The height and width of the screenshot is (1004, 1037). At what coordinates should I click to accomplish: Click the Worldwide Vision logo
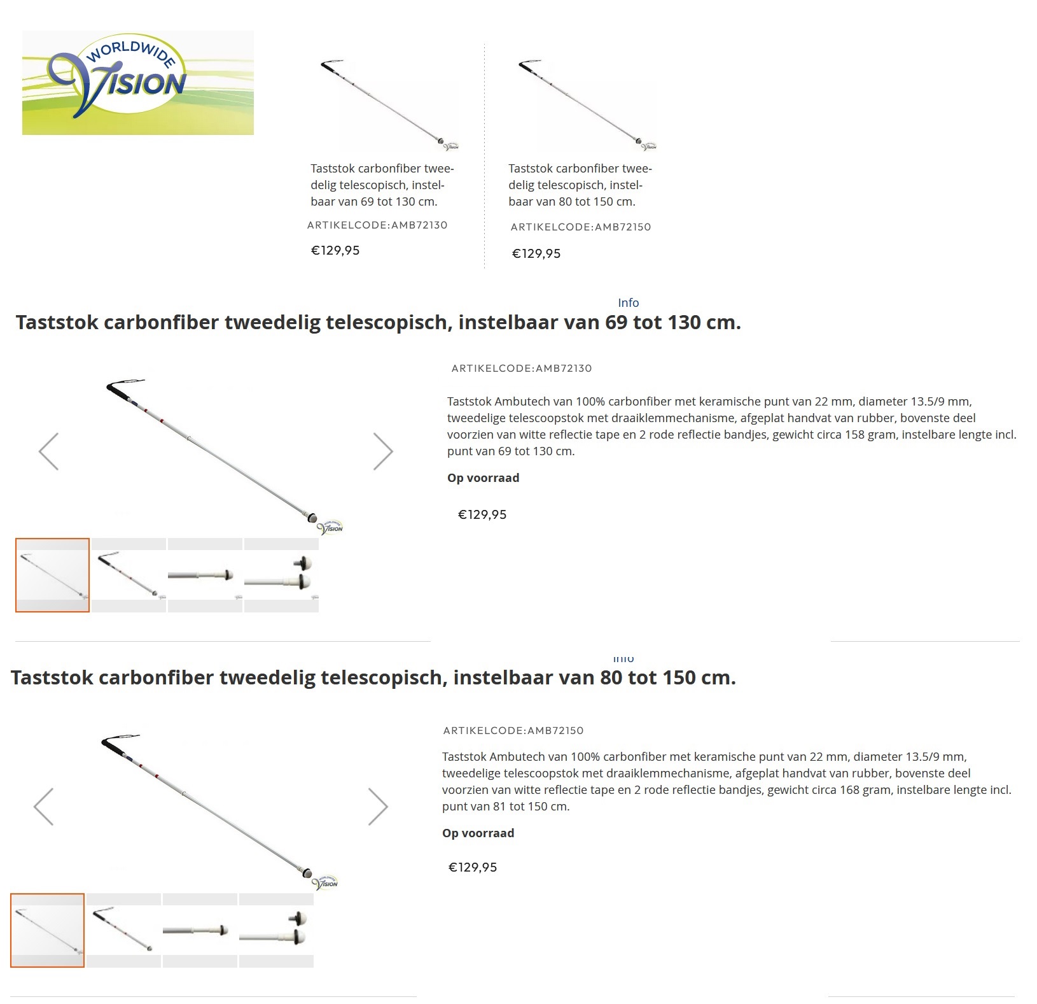pyautogui.click(x=137, y=83)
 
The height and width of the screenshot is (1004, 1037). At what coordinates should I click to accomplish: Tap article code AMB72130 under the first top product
pyautogui.click(x=377, y=225)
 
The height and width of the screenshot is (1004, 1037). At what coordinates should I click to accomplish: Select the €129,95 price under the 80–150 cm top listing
pyautogui.click(x=536, y=254)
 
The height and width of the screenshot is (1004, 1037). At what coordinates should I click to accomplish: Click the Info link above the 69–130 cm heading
pyautogui.click(x=628, y=303)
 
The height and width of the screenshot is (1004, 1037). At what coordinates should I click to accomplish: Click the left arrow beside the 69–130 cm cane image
pyautogui.click(x=49, y=451)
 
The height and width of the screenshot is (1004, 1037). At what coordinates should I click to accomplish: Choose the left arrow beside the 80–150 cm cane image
pyautogui.click(x=44, y=807)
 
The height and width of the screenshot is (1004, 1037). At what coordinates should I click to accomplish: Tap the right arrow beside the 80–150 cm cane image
pyautogui.click(x=378, y=807)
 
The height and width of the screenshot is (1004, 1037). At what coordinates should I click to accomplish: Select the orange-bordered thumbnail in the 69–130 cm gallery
pyautogui.click(x=52, y=575)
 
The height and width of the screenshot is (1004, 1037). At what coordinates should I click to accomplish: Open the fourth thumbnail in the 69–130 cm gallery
pyautogui.click(x=281, y=575)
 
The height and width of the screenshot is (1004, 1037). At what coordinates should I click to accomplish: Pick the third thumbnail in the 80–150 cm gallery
pyautogui.click(x=200, y=930)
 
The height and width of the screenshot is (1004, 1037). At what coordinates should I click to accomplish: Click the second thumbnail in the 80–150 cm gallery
pyautogui.click(x=123, y=930)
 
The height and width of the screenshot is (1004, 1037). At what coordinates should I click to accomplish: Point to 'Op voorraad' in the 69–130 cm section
pyautogui.click(x=483, y=478)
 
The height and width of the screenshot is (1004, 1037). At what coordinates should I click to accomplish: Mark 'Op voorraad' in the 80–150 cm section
pyautogui.click(x=478, y=833)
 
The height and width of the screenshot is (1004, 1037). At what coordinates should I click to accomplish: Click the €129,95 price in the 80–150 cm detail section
pyautogui.click(x=473, y=868)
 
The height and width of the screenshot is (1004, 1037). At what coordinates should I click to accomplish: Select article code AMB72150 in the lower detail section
pyautogui.click(x=513, y=731)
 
